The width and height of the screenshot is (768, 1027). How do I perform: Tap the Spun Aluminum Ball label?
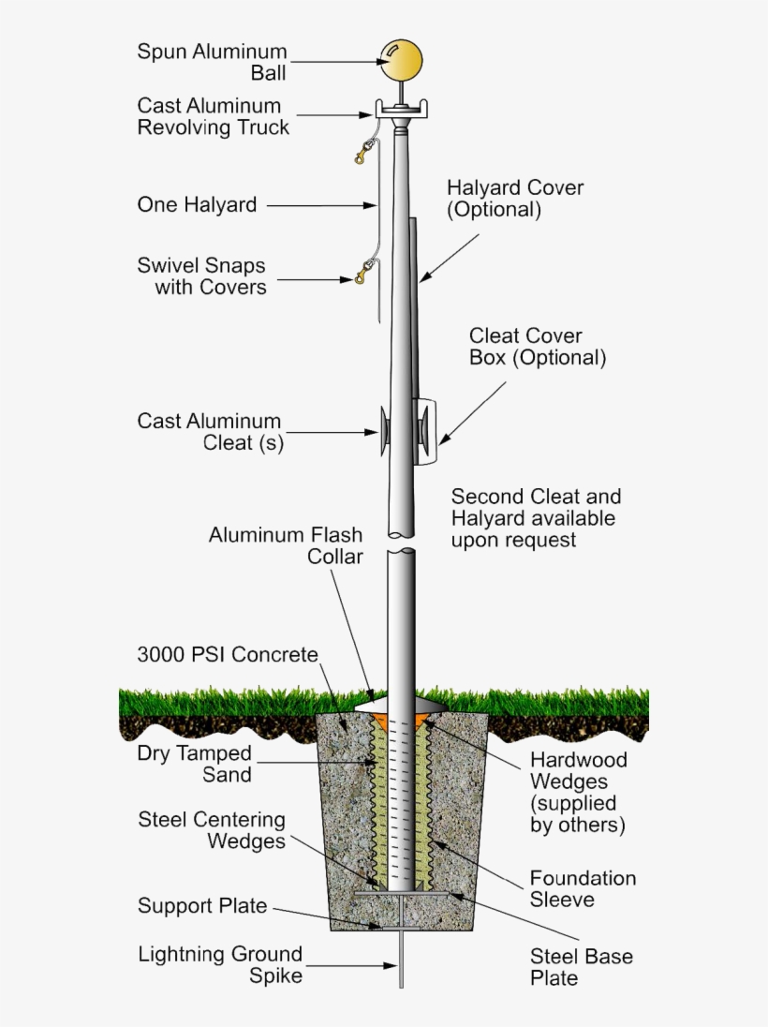[213, 62]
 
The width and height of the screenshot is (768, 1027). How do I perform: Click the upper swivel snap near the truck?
[363, 151]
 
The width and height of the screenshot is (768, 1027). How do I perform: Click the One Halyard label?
[197, 204]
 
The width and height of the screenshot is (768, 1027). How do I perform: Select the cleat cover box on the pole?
[426, 432]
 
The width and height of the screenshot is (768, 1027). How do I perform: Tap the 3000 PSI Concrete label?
[228, 654]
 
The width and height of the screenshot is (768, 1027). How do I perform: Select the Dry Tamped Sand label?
[195, 764]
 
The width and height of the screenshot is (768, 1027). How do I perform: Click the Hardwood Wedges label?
[578, 792]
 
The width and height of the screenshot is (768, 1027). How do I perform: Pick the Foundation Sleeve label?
[583, 888]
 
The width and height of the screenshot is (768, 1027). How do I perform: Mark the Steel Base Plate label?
[581, 967]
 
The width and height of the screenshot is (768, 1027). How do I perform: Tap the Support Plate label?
[202, 906]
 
